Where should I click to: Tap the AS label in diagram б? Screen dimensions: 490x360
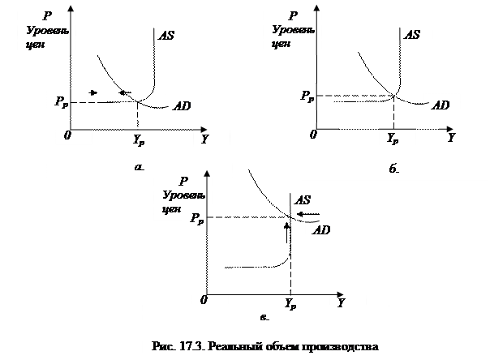(412, 35)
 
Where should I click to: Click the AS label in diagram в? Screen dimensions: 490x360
(302, 200)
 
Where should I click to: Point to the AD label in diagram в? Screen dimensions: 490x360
(321, 230)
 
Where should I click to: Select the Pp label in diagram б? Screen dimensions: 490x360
(306, 96)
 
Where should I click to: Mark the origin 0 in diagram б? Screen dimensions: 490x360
(313, 135)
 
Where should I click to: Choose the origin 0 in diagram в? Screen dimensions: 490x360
(204, 300)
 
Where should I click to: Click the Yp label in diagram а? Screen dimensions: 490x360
(139, 139)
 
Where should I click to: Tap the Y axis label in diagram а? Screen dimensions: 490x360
(205, 139)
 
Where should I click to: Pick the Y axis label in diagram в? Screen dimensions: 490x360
(342, 302)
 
